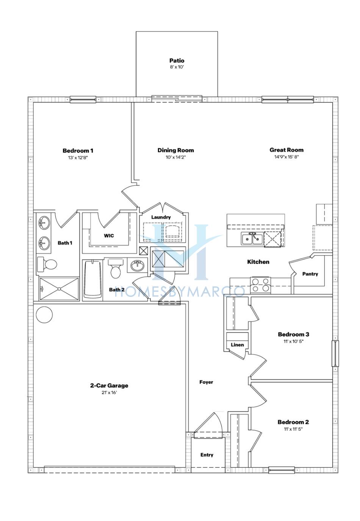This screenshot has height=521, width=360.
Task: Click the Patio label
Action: pyautogui.click(x=177, y=60)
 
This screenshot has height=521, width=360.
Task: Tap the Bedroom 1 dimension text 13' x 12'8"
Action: pyautogui.click(x=78, y=157)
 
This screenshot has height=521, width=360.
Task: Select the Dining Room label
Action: pyautogui.click(x=175, y=150)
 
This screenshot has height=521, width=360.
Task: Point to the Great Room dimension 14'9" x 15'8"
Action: pyautogui.click(x=286, y=157)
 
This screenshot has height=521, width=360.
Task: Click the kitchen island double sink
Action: pyautogui.click(x=252, y=239)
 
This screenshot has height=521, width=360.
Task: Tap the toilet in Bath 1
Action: pyautogui.click(x=47, y=264)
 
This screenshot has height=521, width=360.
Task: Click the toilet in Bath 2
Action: pyautogui.click(x=116, y=268)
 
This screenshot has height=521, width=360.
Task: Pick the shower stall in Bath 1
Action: pyautogui.click(x=59, y=289)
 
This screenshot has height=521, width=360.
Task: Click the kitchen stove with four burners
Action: pyautogui.click(x=261, y=285)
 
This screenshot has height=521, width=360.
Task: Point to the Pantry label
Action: pyautogui.click(x=310, y=274)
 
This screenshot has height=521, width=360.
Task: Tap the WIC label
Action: pyautogui.click(x=109, y=235)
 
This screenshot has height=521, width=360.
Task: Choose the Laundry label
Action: pyautogui.click(x=161, y=217)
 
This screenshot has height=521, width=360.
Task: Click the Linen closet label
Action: pyautogui.click(x=237, y=345)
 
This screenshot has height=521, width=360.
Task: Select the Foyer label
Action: pyautogui.click(x=206, y=382)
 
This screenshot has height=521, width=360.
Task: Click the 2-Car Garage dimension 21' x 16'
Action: pyautogui.click(x=109, y=393)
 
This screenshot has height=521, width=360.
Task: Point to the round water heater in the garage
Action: pyautogui.click(x=44, y=315)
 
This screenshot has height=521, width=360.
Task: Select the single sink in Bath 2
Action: pyautogui.click(x=137, y=265)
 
